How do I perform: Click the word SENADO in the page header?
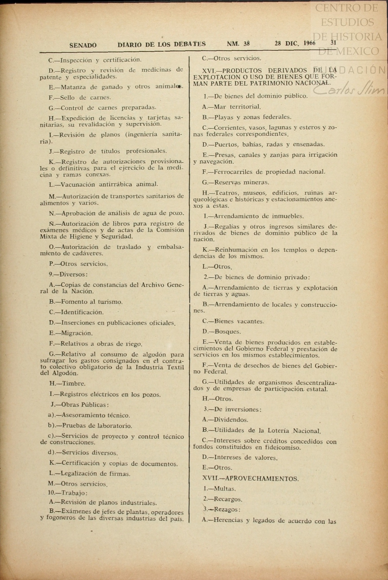[x=83, y=45]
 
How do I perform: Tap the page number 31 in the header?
[x=333, y=43]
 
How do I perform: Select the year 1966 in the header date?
[x=309, y=43]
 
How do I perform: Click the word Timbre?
[x=74, y=384]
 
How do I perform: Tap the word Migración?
[x=77, y=333]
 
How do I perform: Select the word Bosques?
[x=227, y=332]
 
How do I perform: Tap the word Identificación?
[x=82, y=312]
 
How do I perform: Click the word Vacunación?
[x=79, y=185]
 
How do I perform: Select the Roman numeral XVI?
[x=208, y=71]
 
